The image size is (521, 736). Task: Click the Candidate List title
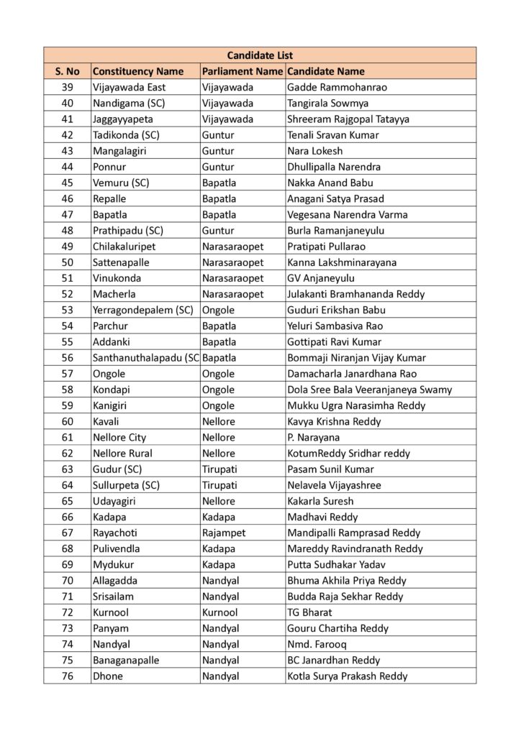(x=260, y=55)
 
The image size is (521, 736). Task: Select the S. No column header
(x=67, y=71)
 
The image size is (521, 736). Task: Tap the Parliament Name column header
(x=242, y=71)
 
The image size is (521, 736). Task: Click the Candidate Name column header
(x=325, y=71)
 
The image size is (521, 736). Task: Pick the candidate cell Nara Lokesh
(x=314, y=151)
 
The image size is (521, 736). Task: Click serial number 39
(x=68, y=88)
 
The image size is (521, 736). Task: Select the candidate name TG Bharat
(x=309, y=612)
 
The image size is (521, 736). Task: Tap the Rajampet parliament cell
(x=224, y=533)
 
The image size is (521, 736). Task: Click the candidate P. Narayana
(x=313, y=437)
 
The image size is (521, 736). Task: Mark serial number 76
(x=68, y=676)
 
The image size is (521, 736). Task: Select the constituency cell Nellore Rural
(x=122, y=453)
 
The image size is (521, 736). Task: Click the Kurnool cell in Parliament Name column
(x=219, y=612)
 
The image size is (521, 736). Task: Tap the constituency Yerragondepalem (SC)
(x=143, y=310)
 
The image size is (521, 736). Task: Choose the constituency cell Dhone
(x=108, y=676)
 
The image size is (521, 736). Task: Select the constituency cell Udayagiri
(x=114, y=501)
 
